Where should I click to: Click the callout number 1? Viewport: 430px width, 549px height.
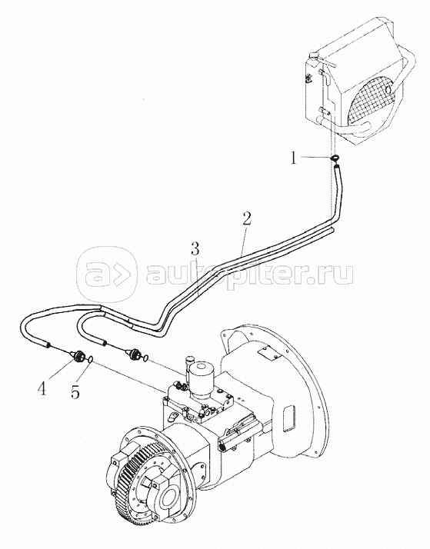[293, 158]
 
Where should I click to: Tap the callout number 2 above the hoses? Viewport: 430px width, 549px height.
[246, 219]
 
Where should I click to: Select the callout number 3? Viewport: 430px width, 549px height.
[195, 249]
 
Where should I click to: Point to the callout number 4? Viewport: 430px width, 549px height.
[42, 388]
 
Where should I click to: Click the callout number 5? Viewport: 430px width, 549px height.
[75, 392]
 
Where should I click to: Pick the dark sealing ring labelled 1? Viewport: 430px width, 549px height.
[335, 158]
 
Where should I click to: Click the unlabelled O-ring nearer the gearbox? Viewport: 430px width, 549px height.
[145, 358]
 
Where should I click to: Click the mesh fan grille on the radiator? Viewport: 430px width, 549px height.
[372, 98]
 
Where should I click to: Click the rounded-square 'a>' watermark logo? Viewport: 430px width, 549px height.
[106, 274]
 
